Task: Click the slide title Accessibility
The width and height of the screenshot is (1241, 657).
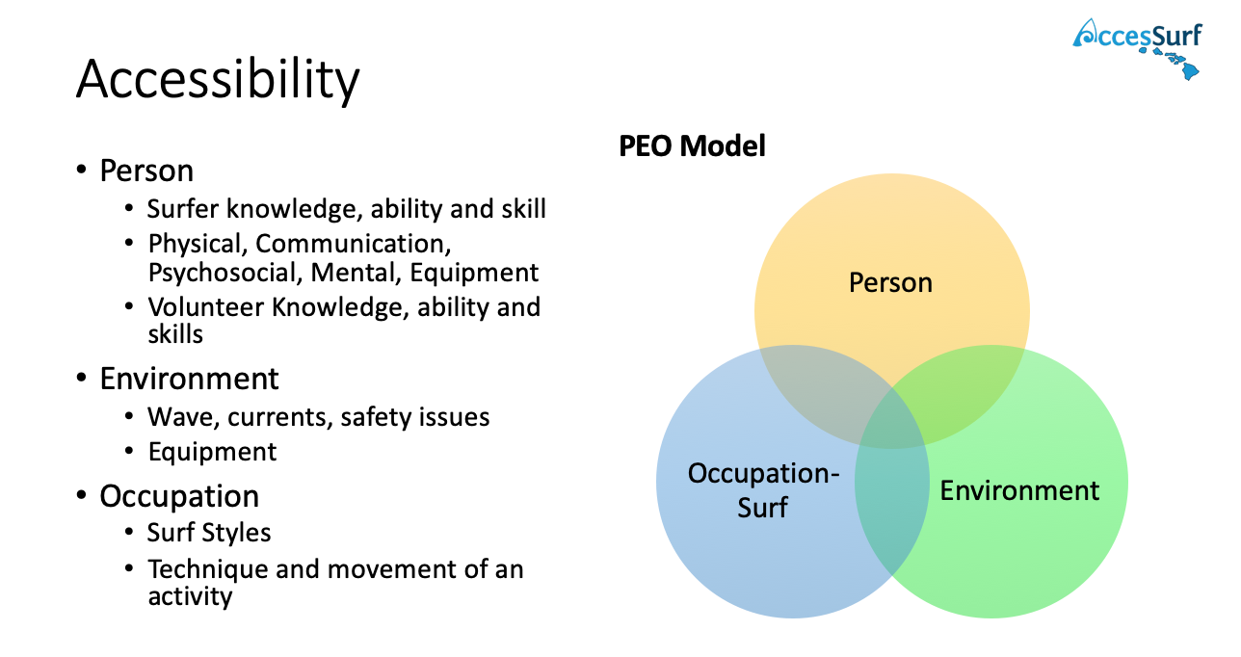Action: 218,79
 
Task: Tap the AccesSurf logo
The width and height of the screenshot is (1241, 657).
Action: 1137,43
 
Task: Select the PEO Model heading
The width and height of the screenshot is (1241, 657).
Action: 692,146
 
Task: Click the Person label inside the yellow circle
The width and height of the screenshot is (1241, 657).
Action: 890,283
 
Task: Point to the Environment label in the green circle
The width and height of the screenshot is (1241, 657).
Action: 1019,490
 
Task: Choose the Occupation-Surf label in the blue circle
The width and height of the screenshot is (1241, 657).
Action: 763,490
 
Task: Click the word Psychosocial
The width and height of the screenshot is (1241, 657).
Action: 224,273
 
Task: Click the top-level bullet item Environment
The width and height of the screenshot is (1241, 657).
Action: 189,379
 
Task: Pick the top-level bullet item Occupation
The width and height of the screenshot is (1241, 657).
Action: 179,496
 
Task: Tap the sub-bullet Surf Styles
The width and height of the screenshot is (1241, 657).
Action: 209,533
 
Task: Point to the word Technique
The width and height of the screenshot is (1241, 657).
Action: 207,568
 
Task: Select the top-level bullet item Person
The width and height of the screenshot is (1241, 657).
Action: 146,171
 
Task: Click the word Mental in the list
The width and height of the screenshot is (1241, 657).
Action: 356,273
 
